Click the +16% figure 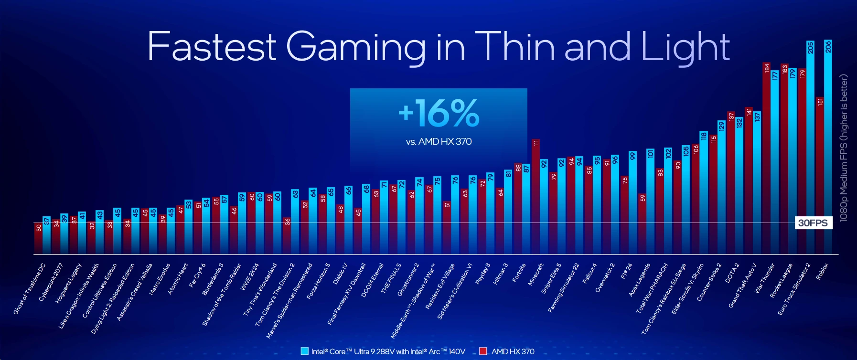pyautogui.click(x=439, y=113)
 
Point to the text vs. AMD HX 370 pyautogui.click(x=439, y=142)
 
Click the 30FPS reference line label pyautogui.click(x=813, y=223)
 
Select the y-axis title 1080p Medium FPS pyautogui.click(x=844, y=148)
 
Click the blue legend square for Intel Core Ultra pyautogui.click(x=305, y=351)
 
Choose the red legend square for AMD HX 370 pyautogui.click(x=483, y=351)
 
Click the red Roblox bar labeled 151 pyautogui.click(x=820, y=177)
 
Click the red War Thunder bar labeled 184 pyautogui.click(x=767, y=158)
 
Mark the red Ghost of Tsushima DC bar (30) pyautogui.click(x=38, y=239)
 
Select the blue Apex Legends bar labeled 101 pyautogui.click(x=650, y=201)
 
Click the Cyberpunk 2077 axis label pyautogui.click(x=51, y=282)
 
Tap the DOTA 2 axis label pyautogui.click(x=732, y=273)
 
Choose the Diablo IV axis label pyautogui.click(x=340, y=274)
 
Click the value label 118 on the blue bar pyautogui.click(x=704, y=137)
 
